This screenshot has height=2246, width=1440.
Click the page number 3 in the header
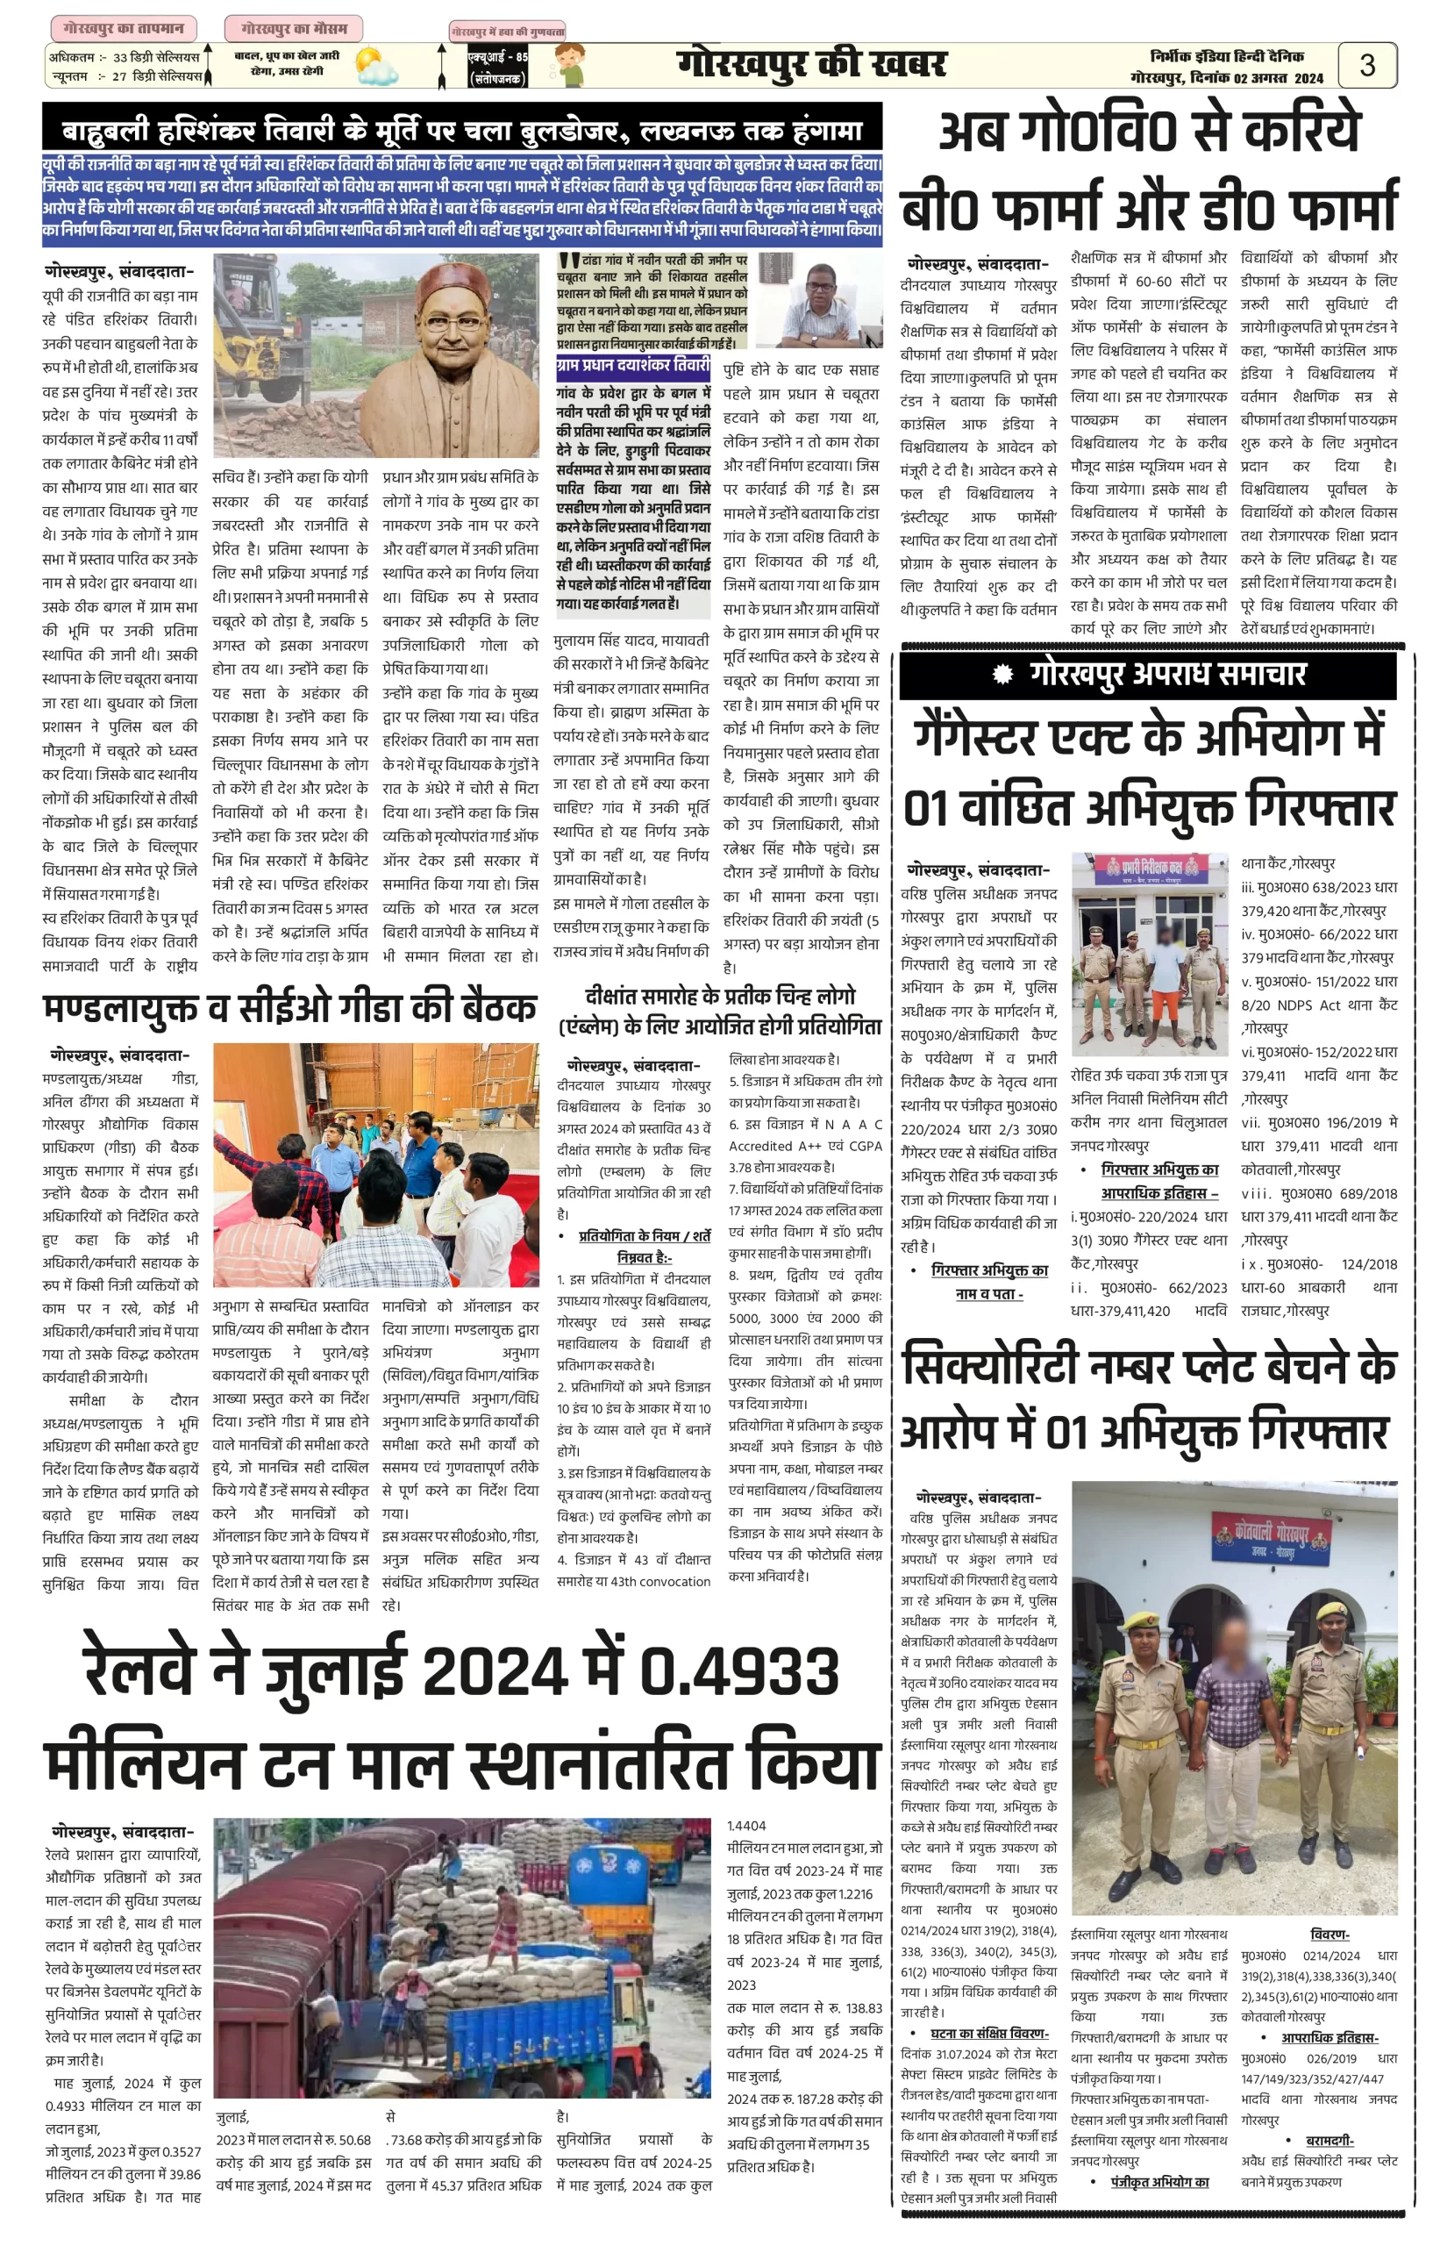(1366, 65)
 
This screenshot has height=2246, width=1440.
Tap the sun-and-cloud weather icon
(377, 68)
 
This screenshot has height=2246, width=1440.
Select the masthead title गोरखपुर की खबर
(810, 65)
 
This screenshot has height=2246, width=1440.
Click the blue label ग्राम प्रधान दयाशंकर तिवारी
(633, 365)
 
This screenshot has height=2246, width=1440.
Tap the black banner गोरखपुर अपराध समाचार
(1147, 674)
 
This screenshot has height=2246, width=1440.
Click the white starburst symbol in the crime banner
(1002, 674)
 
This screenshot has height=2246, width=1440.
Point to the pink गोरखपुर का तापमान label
(118, 29)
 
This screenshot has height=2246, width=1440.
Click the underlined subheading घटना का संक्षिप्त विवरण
(989, 2035)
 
